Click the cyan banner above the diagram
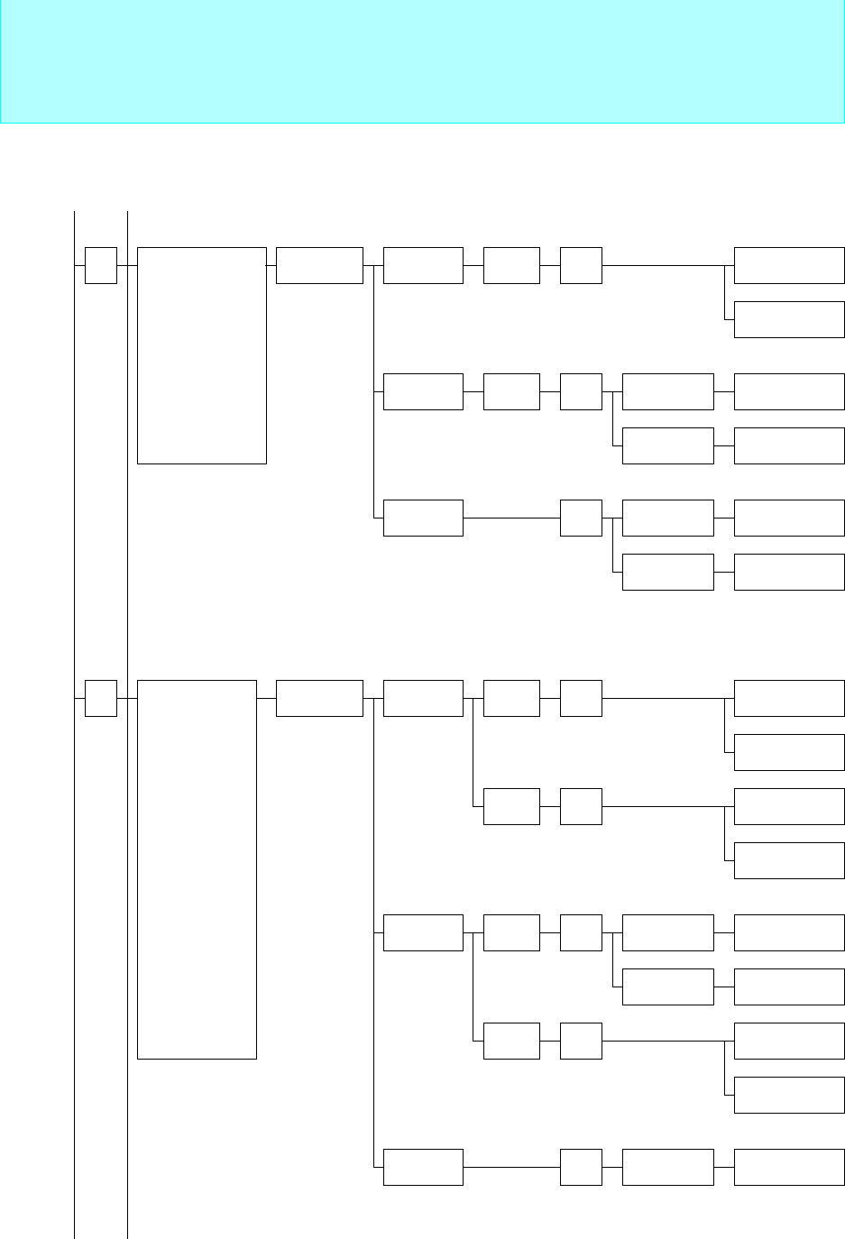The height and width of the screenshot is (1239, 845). click(x=422, y=61)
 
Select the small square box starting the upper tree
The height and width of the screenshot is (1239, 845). click(x=101, y=265)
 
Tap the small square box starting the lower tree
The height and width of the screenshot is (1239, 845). click(x=101, y=698)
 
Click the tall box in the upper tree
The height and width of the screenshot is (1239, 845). click(x=202, y=355)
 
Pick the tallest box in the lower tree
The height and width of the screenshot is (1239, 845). click(x=197, y=869)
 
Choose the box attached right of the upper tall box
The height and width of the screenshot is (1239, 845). click(x=319, y=265)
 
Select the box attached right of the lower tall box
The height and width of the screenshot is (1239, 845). click(x=319, y=698)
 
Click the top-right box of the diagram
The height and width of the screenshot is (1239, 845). click(x=789, y=265)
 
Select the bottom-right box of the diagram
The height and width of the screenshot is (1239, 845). click(x=789, y=1167)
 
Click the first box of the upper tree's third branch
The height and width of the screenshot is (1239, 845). click(x=423, y=518)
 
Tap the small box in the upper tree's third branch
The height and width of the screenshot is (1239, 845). click(x=581, y=518)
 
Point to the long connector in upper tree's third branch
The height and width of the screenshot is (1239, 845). click(x=511, y=518)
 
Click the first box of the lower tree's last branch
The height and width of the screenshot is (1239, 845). click(x=423, y=1167)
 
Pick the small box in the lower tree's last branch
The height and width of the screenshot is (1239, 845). click(x=581, y=1167)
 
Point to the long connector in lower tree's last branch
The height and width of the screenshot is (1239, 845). click(x=511, y=1167)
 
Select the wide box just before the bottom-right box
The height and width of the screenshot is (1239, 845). click(x=668, y=1167)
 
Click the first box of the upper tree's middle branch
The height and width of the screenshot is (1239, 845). click(x=423, y=391)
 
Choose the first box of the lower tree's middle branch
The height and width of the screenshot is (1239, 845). click(x=423, y=932)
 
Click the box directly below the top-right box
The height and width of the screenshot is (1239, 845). click(x=789, y=319)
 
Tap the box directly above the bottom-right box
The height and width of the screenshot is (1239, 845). click(x=789, y=1095)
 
